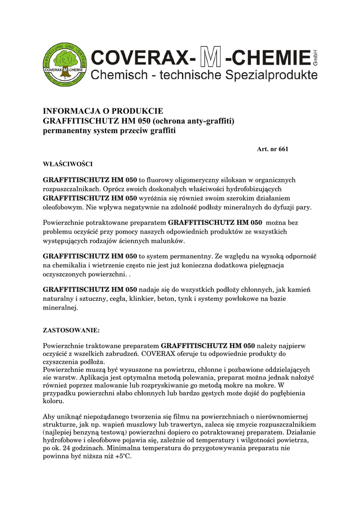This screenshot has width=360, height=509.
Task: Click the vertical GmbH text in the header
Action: click(315, 58)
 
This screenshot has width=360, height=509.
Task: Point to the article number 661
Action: click(283, 149)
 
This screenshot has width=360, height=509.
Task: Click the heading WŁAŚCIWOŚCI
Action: click(68, 163)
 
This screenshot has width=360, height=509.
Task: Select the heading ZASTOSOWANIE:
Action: click(72, 330)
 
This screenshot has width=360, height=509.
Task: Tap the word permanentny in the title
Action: click(67, 131)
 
